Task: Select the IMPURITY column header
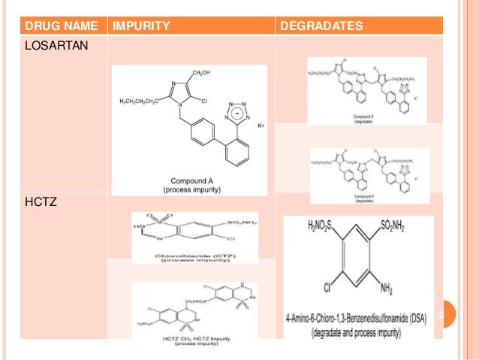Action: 140,27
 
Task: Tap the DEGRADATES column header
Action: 321,27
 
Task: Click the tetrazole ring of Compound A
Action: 235,113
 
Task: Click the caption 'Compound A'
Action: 189,181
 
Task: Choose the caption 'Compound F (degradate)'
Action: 365,198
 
